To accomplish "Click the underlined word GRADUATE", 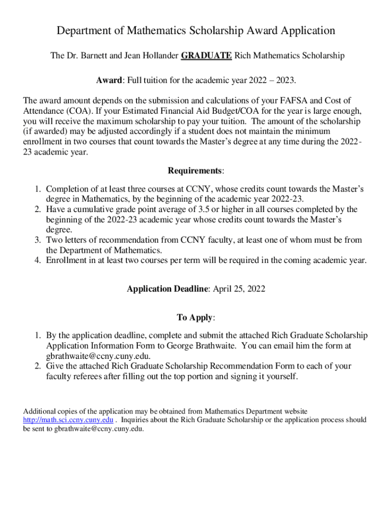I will coord(207,56).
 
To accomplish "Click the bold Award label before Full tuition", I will coord(109,81).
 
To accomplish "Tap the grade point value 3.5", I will coord(205,210).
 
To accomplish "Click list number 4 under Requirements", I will coord(38,260).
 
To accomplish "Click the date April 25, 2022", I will coord(238,289).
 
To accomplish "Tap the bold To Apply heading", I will coord(194,318).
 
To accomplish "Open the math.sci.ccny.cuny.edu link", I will coord(68,420).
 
